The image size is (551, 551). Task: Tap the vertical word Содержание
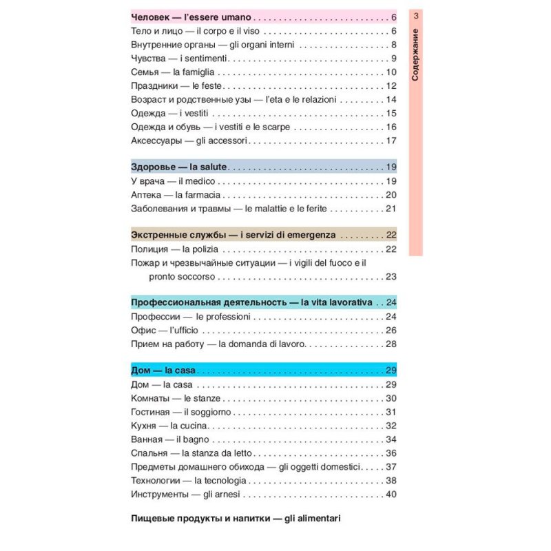coord(415,55)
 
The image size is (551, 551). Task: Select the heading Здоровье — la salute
coord(179,167)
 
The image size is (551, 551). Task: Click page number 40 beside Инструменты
coord(391,494)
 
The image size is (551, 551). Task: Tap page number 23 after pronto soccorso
coord(391,277)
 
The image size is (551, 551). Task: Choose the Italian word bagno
coord(196,439)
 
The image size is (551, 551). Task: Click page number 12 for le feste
coord(391,86)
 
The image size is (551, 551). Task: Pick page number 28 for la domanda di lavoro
coord(391,344)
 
